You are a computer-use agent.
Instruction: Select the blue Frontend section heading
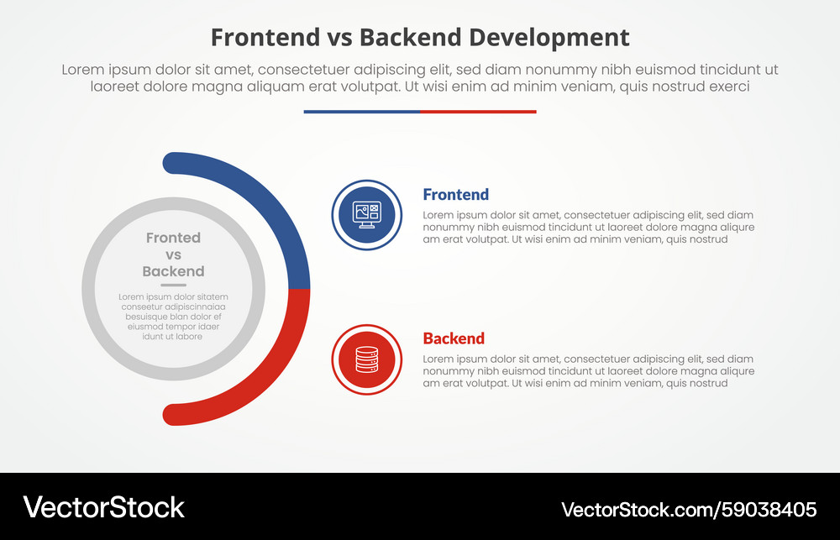coord(455,195)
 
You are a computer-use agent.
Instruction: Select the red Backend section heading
coord(454,338)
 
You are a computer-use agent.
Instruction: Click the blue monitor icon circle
coord(367,215)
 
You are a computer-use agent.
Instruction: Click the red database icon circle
coord(367,360)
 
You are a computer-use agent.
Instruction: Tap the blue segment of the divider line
coord(361,112)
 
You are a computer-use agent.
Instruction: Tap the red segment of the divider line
coord(478,112)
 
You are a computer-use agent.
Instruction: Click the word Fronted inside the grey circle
coord(173,238)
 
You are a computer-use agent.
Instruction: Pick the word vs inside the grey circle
coord(173,254)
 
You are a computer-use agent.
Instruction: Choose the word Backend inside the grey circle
coord(173,271)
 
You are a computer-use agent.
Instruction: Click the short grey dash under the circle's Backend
coord(173,286)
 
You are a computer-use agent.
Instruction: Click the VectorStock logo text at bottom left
coord(103,507)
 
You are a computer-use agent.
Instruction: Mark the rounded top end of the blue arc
coord(173,162)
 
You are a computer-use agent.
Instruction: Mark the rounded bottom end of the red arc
coord(173,415)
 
